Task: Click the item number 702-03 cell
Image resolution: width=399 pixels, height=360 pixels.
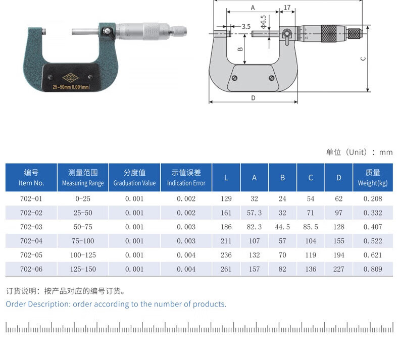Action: [x=31, y=227]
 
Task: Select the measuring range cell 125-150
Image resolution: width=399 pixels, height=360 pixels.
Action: [x=83, y=269]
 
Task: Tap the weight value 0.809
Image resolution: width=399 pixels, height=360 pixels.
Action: [x=373, y=269]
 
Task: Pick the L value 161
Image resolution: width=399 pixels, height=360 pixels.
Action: [x=226, y=213]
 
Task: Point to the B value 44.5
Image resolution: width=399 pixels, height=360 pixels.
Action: [x=282, y=227]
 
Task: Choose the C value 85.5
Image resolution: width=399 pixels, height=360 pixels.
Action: [x=311, y=227]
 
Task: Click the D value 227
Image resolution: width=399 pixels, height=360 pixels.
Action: [x=339, y=269]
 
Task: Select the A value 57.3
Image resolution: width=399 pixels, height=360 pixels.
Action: [x=254, y=213]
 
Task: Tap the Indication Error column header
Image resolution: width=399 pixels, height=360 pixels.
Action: [x=186, y=178]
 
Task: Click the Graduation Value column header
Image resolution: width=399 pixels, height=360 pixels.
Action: [x=134, y=178]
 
